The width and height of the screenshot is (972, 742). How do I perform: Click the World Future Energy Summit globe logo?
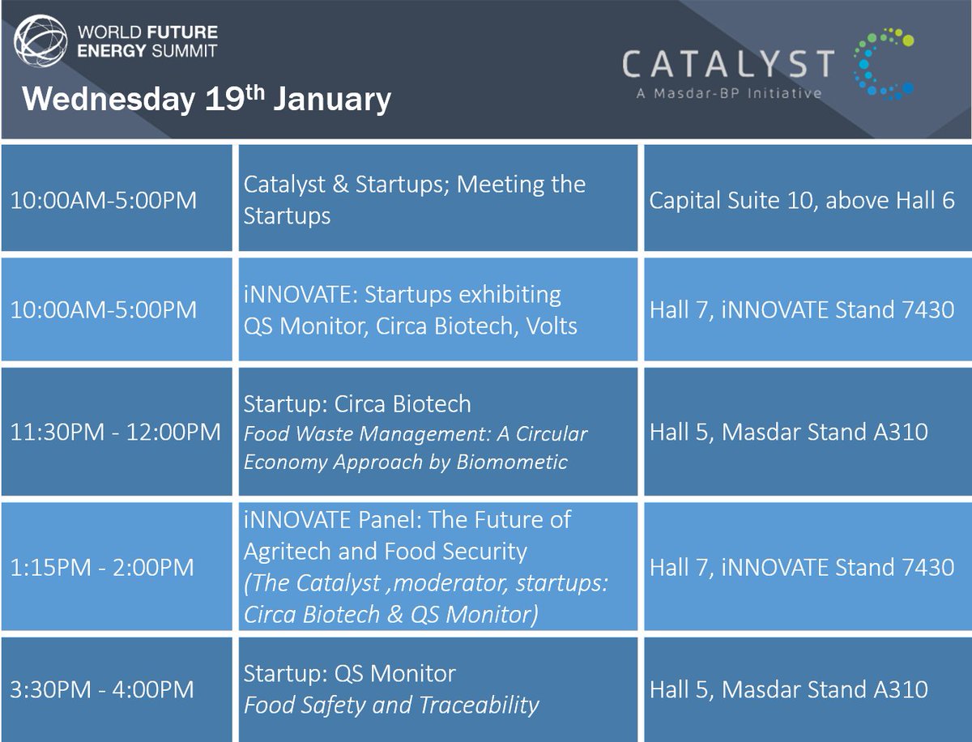click(40, 41)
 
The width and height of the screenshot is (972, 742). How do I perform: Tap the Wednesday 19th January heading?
click(207, 98)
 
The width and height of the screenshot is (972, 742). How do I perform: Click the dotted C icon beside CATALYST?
click(884, 64)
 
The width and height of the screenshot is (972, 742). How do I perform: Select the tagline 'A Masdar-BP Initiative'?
click(729, 93)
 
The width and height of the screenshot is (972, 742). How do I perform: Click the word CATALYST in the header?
click(728, 63)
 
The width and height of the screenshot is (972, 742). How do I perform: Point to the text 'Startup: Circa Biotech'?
click(357, 403)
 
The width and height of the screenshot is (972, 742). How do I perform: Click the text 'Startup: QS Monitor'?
click(350, 673)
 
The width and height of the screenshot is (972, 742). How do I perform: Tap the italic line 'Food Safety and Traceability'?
click(391, 705)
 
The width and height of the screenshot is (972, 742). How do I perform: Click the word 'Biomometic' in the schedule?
click(512, 462)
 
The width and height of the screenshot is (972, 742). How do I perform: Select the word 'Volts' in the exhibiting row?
click(552, 326)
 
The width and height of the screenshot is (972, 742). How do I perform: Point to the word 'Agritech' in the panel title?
click(288, 552)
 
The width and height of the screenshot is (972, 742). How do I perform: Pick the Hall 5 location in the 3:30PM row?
click(789, 689)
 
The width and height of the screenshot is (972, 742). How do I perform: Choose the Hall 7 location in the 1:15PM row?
click(802, 567)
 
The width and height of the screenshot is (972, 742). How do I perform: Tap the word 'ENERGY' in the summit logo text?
click(111, 50)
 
